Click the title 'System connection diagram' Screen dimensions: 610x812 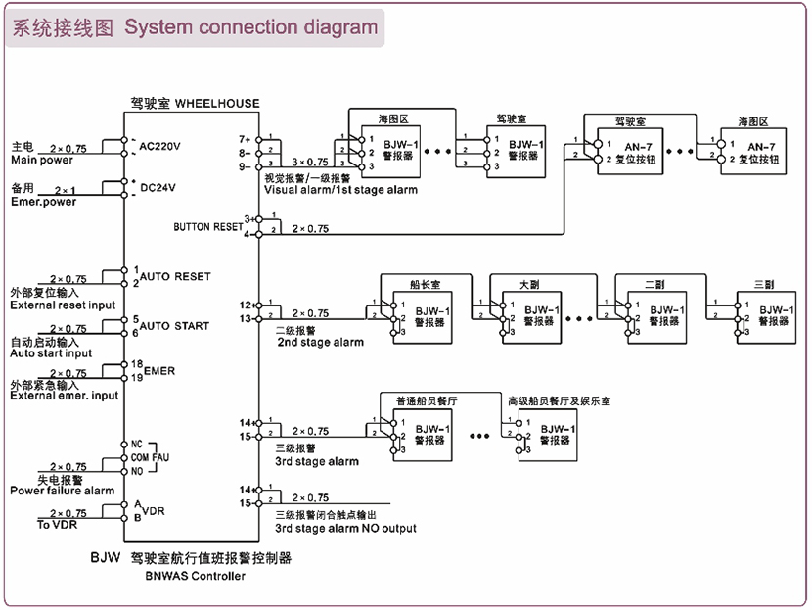pos(250,26)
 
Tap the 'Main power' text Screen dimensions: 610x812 pos(41,160)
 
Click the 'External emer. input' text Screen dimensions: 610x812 pos(65,396)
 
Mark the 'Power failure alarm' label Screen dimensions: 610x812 pos(63,491)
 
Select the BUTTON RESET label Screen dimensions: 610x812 pos(207,227)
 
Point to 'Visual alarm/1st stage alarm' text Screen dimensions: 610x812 pos(340,189)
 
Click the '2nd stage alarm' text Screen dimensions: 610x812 pos(320,343)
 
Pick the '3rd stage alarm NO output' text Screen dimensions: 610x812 pos(345,529)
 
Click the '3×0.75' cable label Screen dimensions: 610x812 pos(309,162)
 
